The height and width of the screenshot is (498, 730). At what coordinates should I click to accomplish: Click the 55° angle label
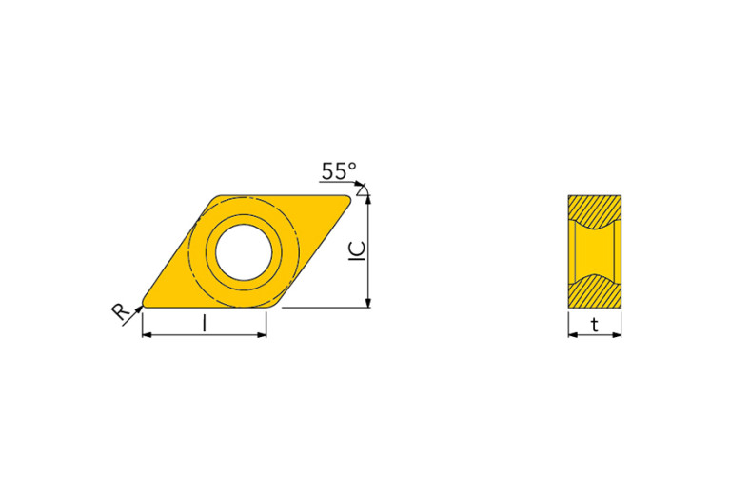(x=339, y=171)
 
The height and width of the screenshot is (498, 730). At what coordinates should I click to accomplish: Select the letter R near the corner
(x=121, y=311)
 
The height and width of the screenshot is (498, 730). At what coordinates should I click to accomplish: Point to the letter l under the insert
(x=204, y=325)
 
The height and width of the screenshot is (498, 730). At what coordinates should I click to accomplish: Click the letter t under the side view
(x=595, y=326)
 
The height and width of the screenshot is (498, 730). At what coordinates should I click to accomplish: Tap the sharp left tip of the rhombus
(x=144, y=305)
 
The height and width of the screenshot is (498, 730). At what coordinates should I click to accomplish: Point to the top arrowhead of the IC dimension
(x=367, y=199)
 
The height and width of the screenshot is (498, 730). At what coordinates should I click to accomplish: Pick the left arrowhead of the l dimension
(x=147, y=335)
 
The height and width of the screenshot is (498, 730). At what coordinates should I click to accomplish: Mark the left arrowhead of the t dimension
(x=572, y=335)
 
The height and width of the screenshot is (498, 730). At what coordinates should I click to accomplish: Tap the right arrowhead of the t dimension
(x=618, y=335)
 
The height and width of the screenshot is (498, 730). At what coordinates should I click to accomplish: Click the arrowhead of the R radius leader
(x=138, y=308)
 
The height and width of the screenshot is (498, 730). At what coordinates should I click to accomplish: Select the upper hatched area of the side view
(x=595, y=209)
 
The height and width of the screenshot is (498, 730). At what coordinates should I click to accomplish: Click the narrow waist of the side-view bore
(x=595, y=251)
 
